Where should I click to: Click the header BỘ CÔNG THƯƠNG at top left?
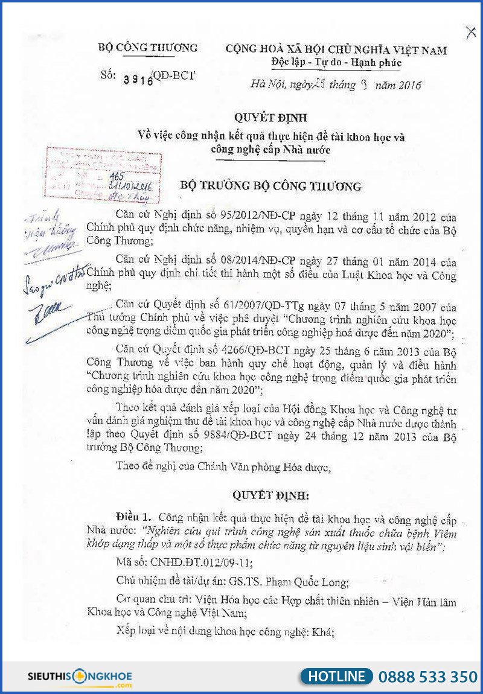pyautogui.click(x=147, y=48)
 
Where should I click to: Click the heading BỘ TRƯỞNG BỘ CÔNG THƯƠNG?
pyautogui.click(x=271, y=186)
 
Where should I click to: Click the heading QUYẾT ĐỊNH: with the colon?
pyautogui.click(x=271, y=495)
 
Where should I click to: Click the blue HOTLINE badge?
pyautogui.click(x=336, y=676)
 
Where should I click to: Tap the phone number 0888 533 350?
pyautogui.click(x=427, y=676)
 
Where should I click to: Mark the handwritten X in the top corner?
pyautogui.click(x=470, y=33)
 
